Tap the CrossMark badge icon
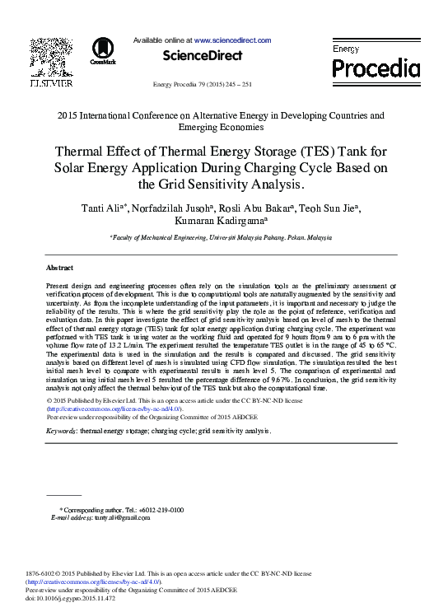(x=103, y=51)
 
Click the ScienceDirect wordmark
(x=203, y=55)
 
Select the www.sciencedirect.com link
(x=233, y=40)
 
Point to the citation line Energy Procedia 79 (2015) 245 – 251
(x=203, y=85)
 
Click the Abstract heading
(x=59, y=268)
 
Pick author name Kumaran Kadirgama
(x=222, y=221)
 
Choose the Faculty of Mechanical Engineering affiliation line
(x=221, y=236)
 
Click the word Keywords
(x=62, y=431)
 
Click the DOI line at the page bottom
(x=71, y=598)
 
